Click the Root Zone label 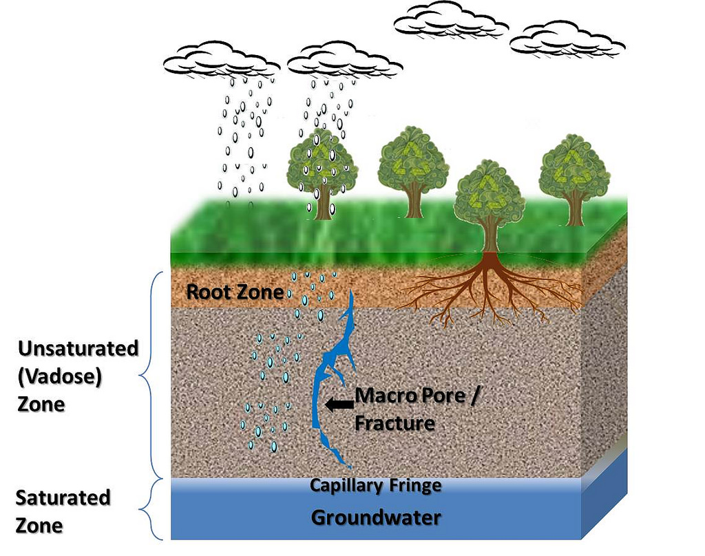235,292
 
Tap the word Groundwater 376,517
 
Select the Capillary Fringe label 375,485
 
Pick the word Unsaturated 78,348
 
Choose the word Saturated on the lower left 63,498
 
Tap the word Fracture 394,423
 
